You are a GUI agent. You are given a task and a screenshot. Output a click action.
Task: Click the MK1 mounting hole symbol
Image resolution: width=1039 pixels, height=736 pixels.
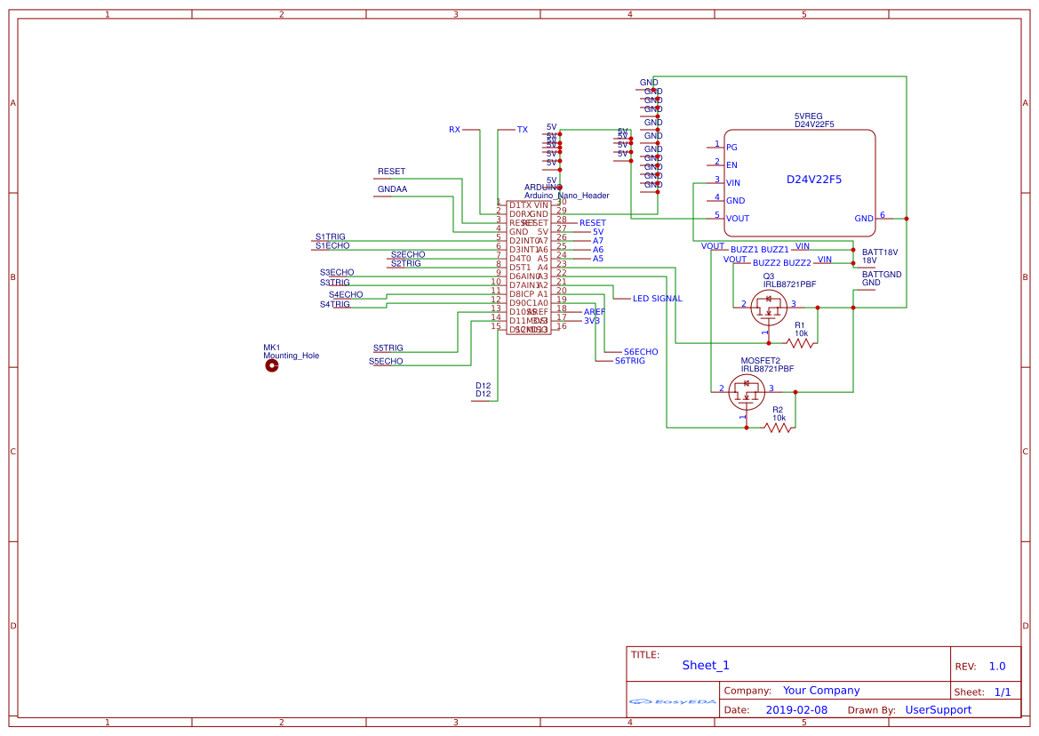[271, 364]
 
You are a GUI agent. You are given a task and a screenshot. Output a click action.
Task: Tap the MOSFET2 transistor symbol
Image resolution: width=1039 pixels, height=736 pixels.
[745, 388]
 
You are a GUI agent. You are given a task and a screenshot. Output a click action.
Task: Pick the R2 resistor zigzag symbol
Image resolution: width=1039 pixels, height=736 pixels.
[779, 428]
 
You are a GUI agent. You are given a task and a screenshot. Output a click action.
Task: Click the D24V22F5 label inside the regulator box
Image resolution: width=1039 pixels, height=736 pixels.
[813, 180]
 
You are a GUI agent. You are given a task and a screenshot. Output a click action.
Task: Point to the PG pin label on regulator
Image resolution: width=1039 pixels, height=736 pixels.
[731, 148]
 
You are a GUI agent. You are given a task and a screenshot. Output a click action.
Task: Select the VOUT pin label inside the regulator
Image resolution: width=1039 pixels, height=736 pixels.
[737, 219]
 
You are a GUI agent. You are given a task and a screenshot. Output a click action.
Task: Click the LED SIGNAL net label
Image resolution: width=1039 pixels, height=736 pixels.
[657, 299]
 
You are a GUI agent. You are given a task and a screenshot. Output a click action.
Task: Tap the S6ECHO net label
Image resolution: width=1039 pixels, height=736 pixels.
[641, 352]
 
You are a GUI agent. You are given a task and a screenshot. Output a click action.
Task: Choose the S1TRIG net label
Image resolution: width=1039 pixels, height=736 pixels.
[330, 237]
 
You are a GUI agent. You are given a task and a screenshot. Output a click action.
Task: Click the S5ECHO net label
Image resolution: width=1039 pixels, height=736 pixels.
[386, 362]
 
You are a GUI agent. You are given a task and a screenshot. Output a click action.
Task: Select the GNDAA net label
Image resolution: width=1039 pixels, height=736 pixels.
[392, 189]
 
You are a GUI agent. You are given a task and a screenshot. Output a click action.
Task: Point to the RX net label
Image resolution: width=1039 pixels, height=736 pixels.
[454, 130]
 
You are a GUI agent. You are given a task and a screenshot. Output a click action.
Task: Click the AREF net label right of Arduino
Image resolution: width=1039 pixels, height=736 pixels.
[594, 312]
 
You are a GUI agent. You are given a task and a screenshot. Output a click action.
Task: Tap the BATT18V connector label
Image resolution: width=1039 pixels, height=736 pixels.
[879, 252]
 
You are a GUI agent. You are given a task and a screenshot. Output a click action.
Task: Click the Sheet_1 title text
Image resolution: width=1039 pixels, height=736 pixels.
[705, 665]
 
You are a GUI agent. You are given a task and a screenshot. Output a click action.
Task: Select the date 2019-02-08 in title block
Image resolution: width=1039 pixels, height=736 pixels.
[795, 710]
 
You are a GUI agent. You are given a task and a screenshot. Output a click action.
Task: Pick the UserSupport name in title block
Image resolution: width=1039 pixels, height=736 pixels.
[938, 710]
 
